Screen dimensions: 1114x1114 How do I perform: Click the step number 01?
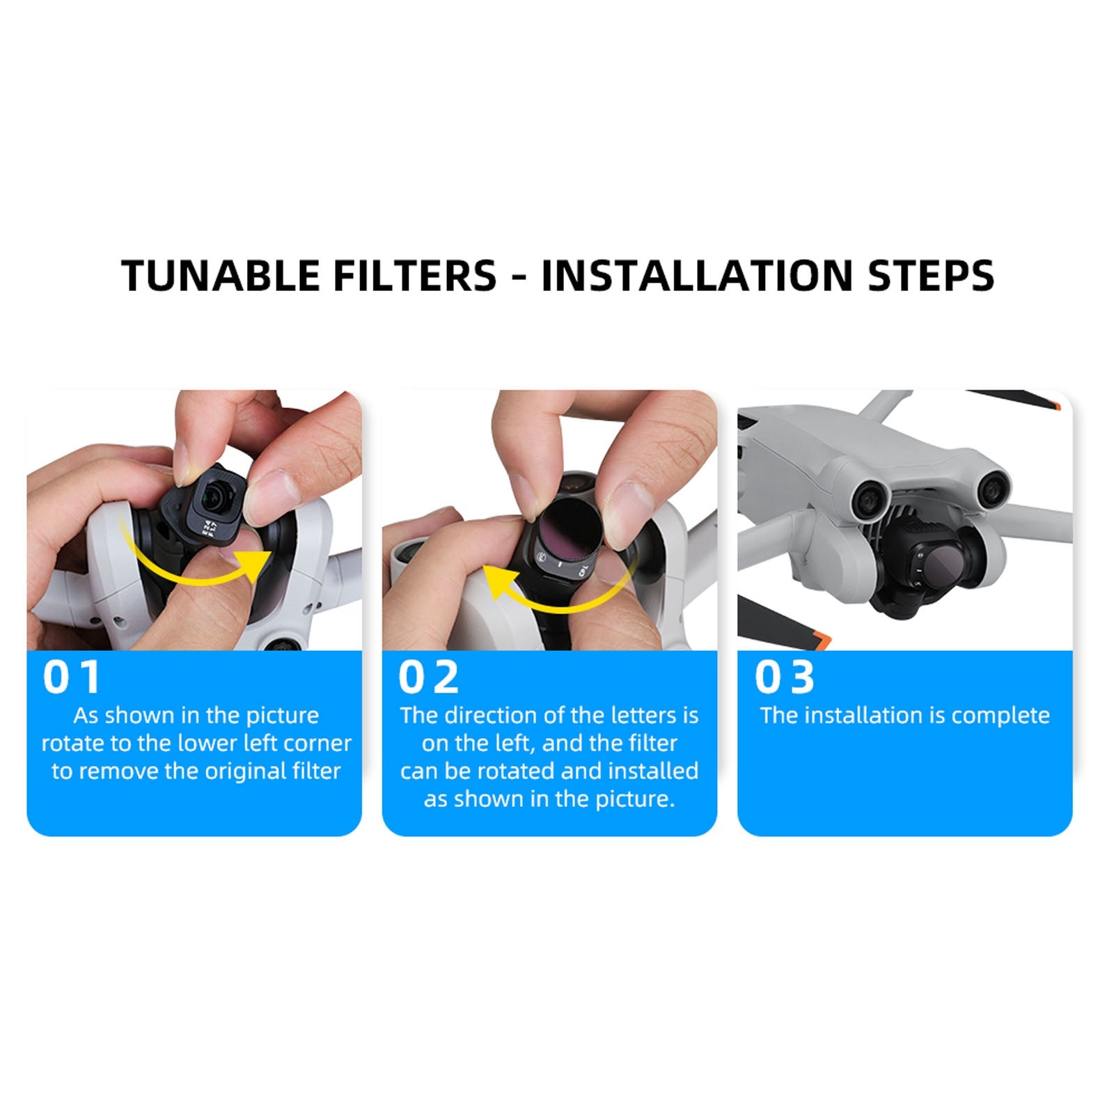72,677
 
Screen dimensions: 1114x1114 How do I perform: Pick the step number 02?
428,677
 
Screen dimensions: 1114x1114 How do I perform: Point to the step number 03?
785,677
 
